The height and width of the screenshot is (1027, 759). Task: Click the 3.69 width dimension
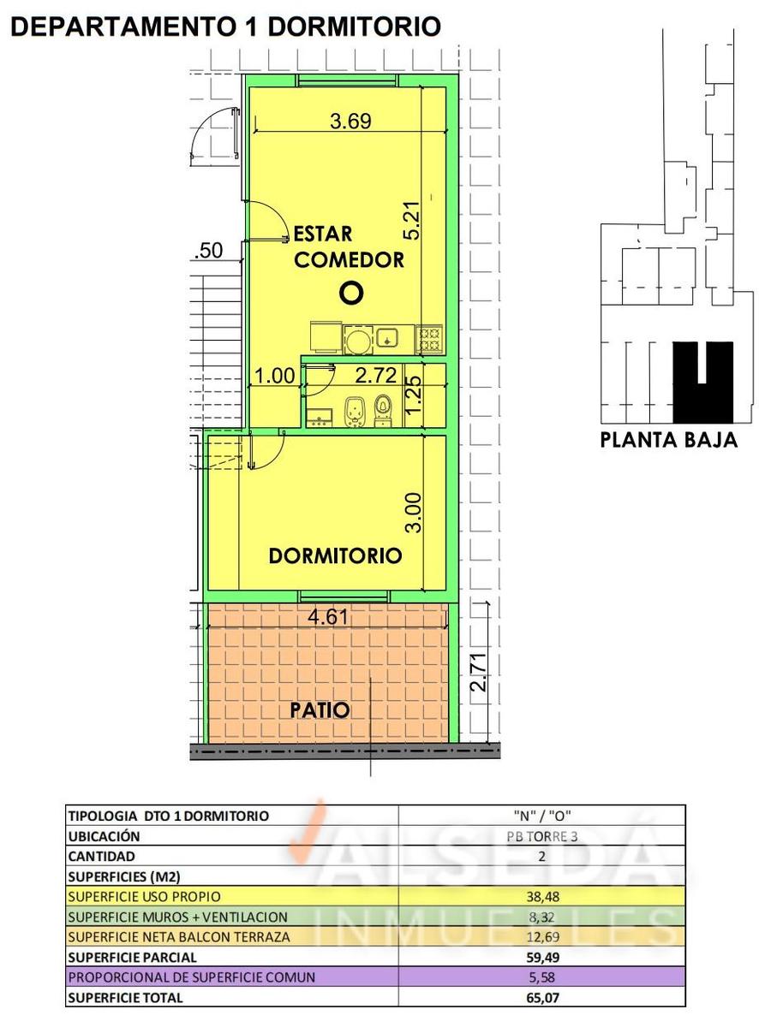pyautogui.click(x=350, y=122)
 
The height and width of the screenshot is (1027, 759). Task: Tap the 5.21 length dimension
pyautogui.click(x=412, y=221)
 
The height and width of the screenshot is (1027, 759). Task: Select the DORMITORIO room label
pyautogui.click(x=335, y=555)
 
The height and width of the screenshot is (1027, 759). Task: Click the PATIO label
pyautogui.click(x=320, y=709)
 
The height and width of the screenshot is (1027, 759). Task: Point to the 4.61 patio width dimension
pyautogui.click(x=328, y=616)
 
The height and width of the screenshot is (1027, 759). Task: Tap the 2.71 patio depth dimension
pyautogui.click(x=480, y=673)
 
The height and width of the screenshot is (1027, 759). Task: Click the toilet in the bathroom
pyautogui.click(x=383, y=410)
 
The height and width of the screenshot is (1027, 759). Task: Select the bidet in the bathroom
pyautogui.click(x=356, y=412)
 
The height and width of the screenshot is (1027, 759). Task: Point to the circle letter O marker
pyautogui.click(x=351, y=293)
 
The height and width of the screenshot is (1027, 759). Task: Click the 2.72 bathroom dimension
pyautogui.click(x=375, y=376)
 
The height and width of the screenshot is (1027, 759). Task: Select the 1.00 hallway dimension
pyautogui.click(x=275, y=376)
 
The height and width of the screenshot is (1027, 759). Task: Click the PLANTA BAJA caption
pyautogui.click(x=668, y=440)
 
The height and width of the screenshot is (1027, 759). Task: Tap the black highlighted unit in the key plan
pyautogui.click(x=703, y=383)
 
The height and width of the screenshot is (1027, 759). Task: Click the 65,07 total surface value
pyautogui.click(x=542, y=1010)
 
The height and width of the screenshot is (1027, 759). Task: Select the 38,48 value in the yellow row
pyautogui.click(x=542, y=897)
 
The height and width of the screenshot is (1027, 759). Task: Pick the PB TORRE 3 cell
pyautogui.click(x=541, y=837)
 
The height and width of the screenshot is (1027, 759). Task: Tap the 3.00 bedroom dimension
pyautogui.click(x=414, y=513)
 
